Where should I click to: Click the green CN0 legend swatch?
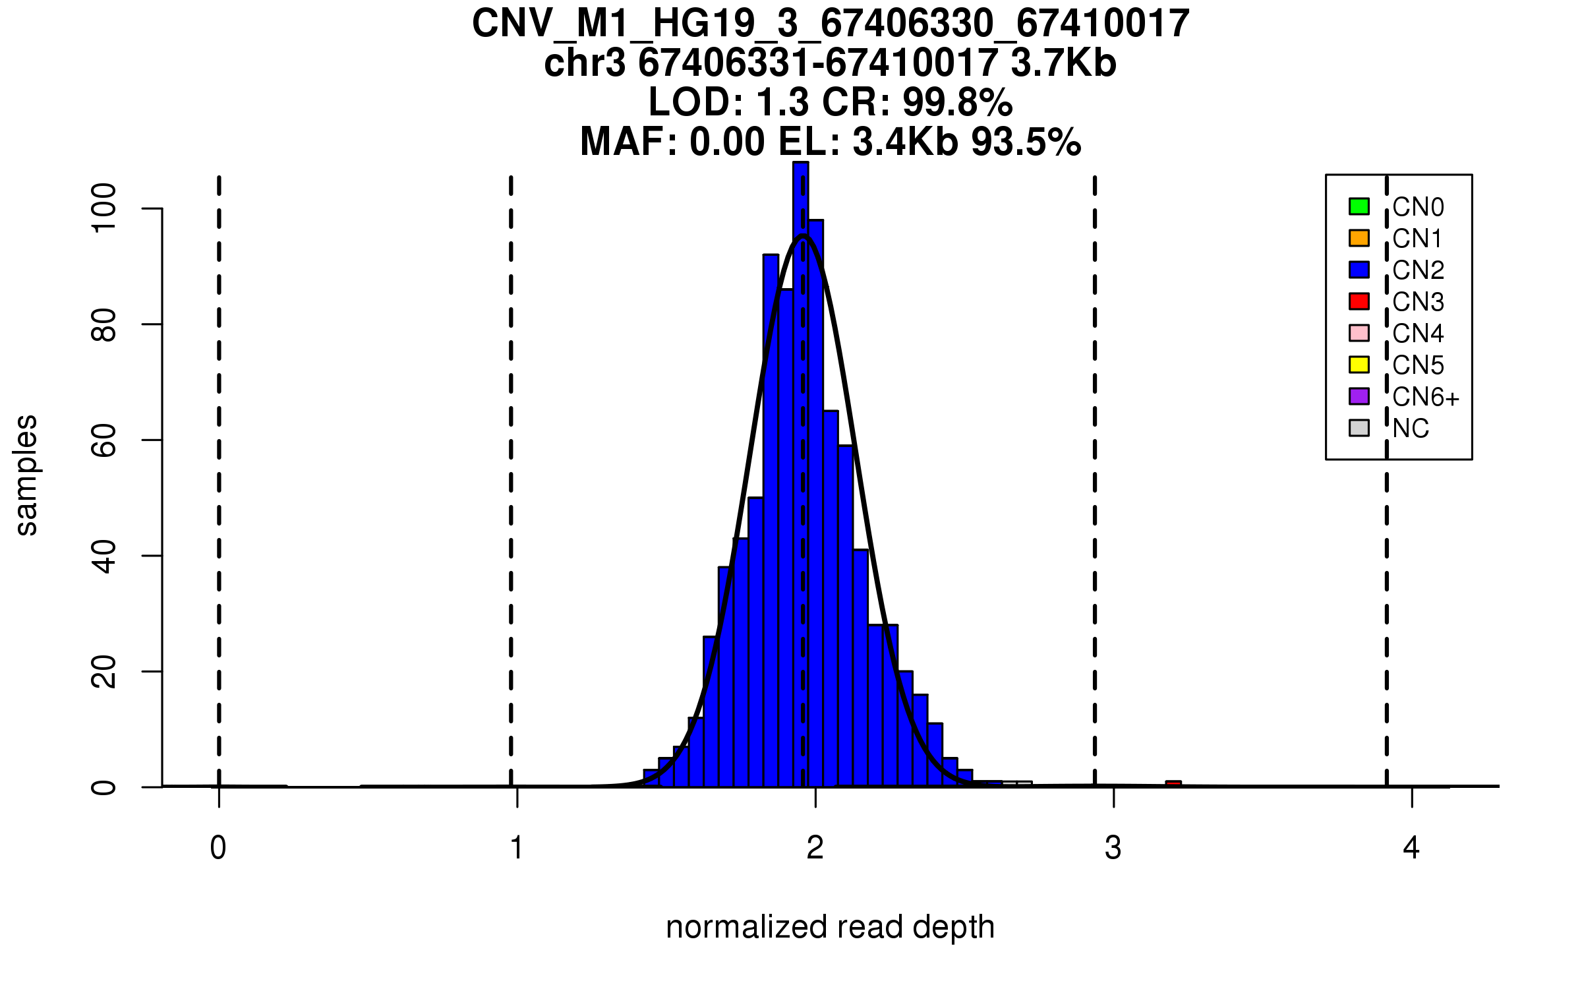pyautogui.click(x=1359, y=206)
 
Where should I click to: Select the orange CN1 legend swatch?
pyautogui.click(x=1359, y=238)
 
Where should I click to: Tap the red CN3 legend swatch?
pyautogui.click(x=1359, y=301)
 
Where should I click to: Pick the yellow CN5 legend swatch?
pyautogui.click(x=1359, y=365)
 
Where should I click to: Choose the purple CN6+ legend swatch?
pyautogui.click(x=1359, y=396)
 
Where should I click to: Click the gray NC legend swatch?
pyautogui.click(x=1359, y=428)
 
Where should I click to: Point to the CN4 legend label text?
pyautogui.click(x=1418, y=334)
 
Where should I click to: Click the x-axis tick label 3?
pyautogui.click(x=1113, y=848)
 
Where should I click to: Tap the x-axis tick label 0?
pyautogui.click(x=218, y=848)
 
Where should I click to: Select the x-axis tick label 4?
pyautogui.click(x=1411, y=848)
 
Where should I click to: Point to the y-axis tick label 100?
pyautogui.click(x=104, y=208)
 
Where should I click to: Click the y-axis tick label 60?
pyautogui.click(x=104, y=440)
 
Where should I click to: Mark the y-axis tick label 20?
pyautogui.click(x=104, y=671)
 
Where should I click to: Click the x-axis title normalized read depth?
pyautogui.click(x=830, y=927)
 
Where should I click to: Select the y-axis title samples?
pyautogui.click(x=26, y=475)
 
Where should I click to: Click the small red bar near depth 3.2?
pyautogui.click(x=1173, y=783)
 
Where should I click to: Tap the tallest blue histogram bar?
pyautogui.click(x=801, y=462)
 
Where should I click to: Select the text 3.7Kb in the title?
pyautogui.click(x=1063, y=63)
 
